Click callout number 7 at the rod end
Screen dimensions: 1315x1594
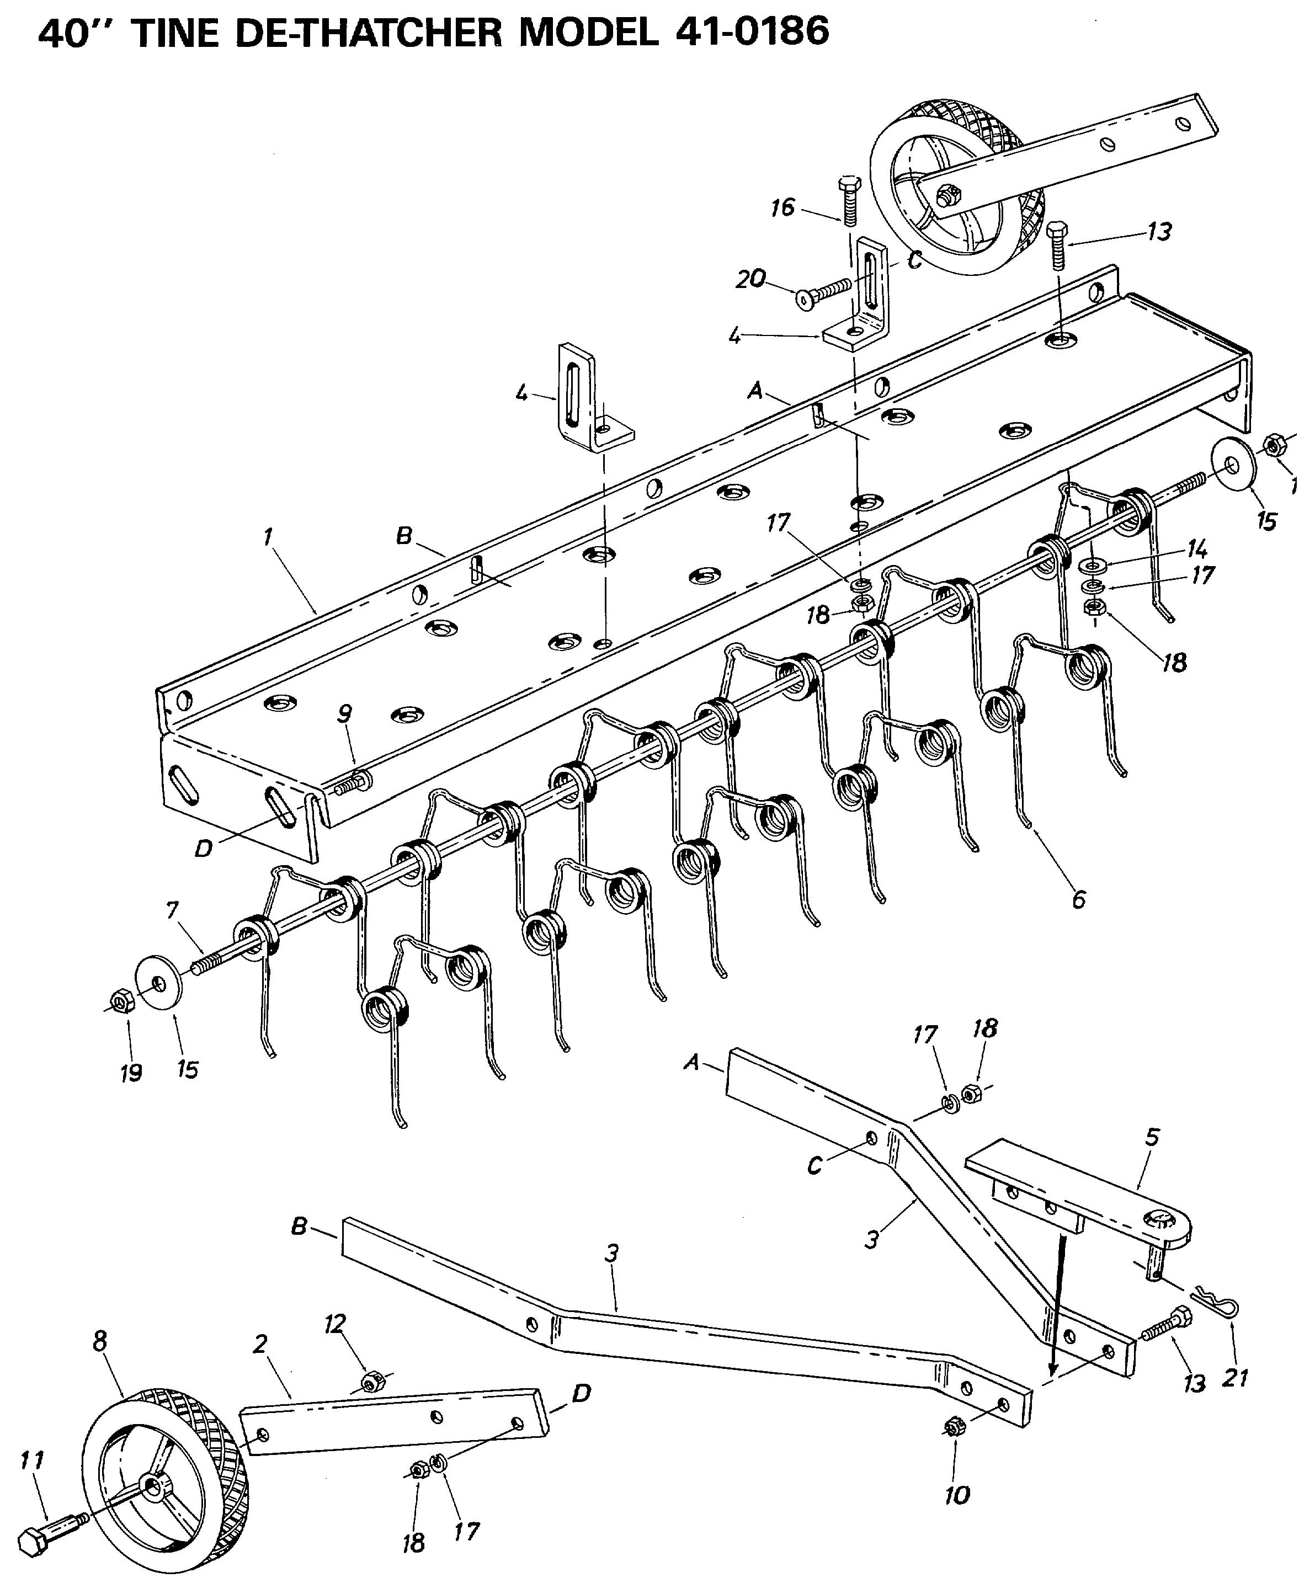[x=173, y=910]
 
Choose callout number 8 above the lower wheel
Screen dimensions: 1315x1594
[x=100, y=1341]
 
